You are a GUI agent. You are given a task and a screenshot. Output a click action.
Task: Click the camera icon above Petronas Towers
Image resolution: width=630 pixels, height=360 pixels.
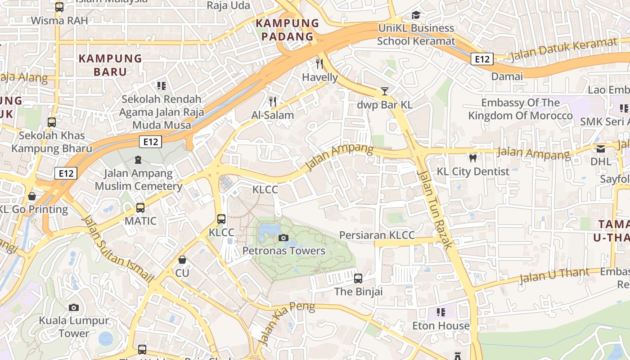coord(283,238)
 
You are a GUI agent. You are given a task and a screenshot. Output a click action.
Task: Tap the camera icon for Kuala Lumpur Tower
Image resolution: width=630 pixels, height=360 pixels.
coord(74,308)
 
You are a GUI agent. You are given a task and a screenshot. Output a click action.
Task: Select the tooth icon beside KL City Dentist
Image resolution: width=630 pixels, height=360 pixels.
coord(472,158)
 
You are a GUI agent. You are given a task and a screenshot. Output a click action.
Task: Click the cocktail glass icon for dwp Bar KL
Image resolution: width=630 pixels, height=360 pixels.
coord(384,91)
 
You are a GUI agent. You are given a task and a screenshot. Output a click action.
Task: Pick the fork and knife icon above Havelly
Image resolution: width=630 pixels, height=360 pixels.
coord(319,64)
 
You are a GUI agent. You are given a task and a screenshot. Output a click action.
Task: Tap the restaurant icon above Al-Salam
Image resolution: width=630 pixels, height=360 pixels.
coord(272,102)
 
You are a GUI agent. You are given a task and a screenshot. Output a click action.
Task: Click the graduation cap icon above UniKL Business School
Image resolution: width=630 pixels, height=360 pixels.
coord(416,15)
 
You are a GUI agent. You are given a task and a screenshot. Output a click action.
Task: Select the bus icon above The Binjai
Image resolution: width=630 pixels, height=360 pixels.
coord(358,279)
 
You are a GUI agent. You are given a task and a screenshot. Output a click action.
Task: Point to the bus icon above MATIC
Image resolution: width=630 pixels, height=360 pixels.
coord(140,208)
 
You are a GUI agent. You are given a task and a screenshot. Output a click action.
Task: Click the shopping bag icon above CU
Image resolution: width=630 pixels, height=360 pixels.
coord(182,260)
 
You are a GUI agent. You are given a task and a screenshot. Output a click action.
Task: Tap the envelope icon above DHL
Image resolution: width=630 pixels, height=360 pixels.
coord(601,148)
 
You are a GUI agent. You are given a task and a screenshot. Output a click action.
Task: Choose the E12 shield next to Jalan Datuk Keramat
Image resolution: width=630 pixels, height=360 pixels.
coord(482,59)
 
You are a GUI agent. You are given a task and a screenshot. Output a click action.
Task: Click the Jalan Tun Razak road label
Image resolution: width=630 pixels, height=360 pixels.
coord(434,209)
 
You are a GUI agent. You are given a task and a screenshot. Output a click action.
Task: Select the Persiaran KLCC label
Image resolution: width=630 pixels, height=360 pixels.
coord(377,235)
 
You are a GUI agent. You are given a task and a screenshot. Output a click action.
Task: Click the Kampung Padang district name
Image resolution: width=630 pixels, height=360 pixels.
coord(287,30)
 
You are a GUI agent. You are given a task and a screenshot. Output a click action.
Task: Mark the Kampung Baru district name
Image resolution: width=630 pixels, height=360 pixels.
coord(110,65)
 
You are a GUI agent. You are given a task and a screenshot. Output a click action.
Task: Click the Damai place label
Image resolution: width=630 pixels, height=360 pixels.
coord(507,76)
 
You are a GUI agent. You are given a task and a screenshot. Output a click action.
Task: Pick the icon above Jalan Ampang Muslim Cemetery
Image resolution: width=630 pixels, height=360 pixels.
coord(138,160)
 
